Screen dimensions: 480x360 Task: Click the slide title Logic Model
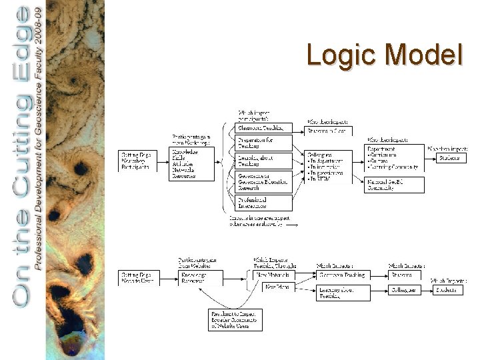click(384, 55)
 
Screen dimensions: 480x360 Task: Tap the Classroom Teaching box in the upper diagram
click(264, 127)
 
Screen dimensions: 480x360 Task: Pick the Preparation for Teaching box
click(264, 142)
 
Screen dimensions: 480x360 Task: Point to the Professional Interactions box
click(264, 203)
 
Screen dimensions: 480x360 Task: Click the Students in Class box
click(328, 131)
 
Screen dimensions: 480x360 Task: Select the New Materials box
click(273, 274)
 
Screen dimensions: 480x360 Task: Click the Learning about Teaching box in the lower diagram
click(343, 293)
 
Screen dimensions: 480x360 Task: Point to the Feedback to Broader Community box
click(233, 319)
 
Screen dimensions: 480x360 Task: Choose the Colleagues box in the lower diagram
click(407, 290)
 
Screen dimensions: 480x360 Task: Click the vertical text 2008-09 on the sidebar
click(40, 23)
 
